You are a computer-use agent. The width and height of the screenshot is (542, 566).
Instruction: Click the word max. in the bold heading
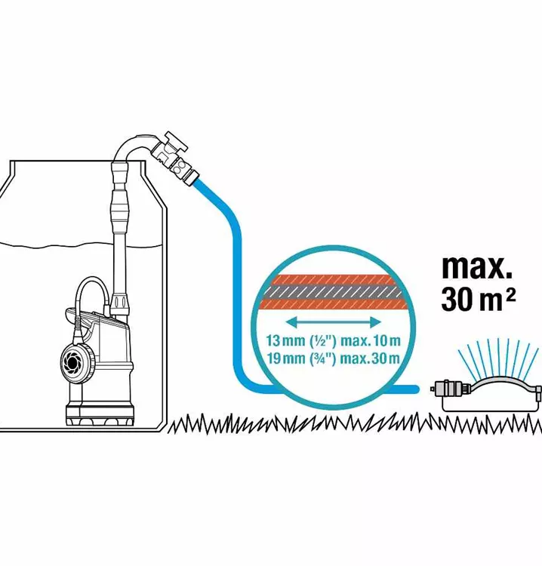pos(476,266)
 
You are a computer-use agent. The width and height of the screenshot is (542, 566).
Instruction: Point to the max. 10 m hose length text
pos(371,340)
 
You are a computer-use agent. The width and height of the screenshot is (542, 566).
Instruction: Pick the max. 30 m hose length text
pos(371,358)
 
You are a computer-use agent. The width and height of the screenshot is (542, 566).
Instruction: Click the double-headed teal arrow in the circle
pos(334,322)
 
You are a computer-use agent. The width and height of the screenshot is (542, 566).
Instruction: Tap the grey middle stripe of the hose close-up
pos(334,292)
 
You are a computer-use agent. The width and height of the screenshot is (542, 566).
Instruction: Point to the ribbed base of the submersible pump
pos(100,415)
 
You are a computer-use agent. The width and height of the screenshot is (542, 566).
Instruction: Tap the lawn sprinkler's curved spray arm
pos(504,385)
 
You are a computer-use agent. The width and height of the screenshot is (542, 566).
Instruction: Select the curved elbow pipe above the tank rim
pos(134,148)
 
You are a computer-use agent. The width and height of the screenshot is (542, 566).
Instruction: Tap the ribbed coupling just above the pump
pos(119,305)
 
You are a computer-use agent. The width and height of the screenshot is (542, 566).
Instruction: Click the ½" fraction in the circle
pos(322,340)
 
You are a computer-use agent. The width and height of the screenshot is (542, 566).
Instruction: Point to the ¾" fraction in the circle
pos(322,358)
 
